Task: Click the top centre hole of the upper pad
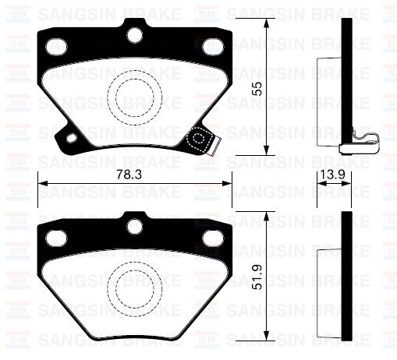click(134, 35)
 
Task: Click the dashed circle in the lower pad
click(134, 284)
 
